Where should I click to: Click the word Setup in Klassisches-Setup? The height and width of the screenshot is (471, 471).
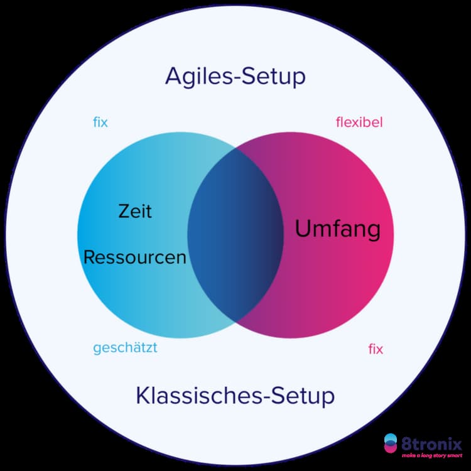pyautogui.click(x=303, y=397)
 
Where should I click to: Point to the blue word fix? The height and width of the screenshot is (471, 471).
pyautogui.click(x=100, y=122)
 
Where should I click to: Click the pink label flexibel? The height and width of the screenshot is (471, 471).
pyautogui.click(x=359, y=122)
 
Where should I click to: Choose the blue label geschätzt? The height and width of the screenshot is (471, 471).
pyautogui.click(x=125, y=348)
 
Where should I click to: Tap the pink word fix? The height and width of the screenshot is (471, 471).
pyautogui.click(x=376, y=349)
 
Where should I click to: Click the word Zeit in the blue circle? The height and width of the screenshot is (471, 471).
pyautogui.click(x=135, y=211)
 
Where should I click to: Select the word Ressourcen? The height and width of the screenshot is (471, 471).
pyautogui.click(x=135, y=257)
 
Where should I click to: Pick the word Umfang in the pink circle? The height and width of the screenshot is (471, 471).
pyautogui.click(x=337, y=230)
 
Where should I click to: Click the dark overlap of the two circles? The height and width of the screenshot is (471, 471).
pyautogui.click(x=235, y=234)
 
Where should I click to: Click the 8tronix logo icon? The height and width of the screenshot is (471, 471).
pyautogui.click(x=391, y=443)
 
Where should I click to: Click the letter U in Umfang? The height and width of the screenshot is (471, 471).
pyautogui.click(x=303, y=230)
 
